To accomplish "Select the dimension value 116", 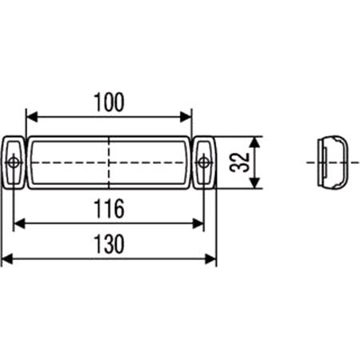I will click(x=109, y=210).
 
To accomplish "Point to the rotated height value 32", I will click(x=236, y=163).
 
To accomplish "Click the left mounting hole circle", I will click(x=14, y=163).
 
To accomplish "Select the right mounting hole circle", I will click(x=204, y=163).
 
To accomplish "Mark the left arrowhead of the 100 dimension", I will click(x=31, y=115).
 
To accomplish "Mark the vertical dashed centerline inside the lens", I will click(x=109, y=152).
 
